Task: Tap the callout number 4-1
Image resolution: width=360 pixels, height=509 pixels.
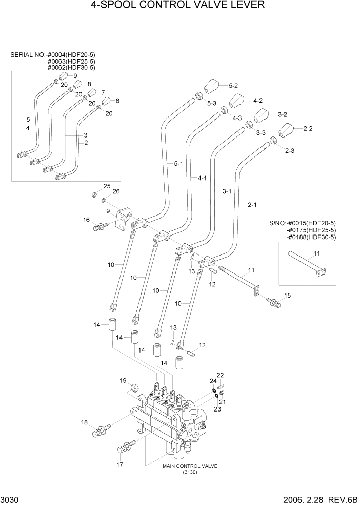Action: [202, 178]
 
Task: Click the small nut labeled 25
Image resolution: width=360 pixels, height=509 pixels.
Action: [94, 194]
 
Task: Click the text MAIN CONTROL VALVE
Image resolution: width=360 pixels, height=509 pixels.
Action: [190, 466]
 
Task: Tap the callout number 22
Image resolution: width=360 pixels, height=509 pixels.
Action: [220, 375]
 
